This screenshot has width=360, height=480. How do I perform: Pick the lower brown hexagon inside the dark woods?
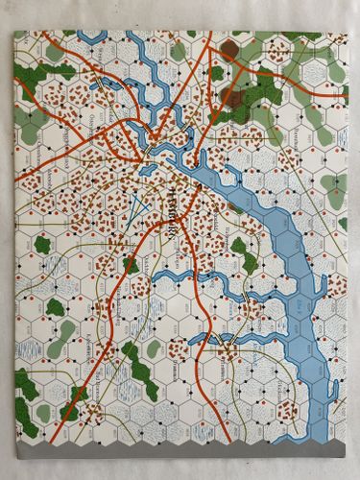pos(230,95)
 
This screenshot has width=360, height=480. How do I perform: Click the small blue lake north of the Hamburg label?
pos(180,175)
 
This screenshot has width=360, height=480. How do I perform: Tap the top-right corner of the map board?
pos(348,31)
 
